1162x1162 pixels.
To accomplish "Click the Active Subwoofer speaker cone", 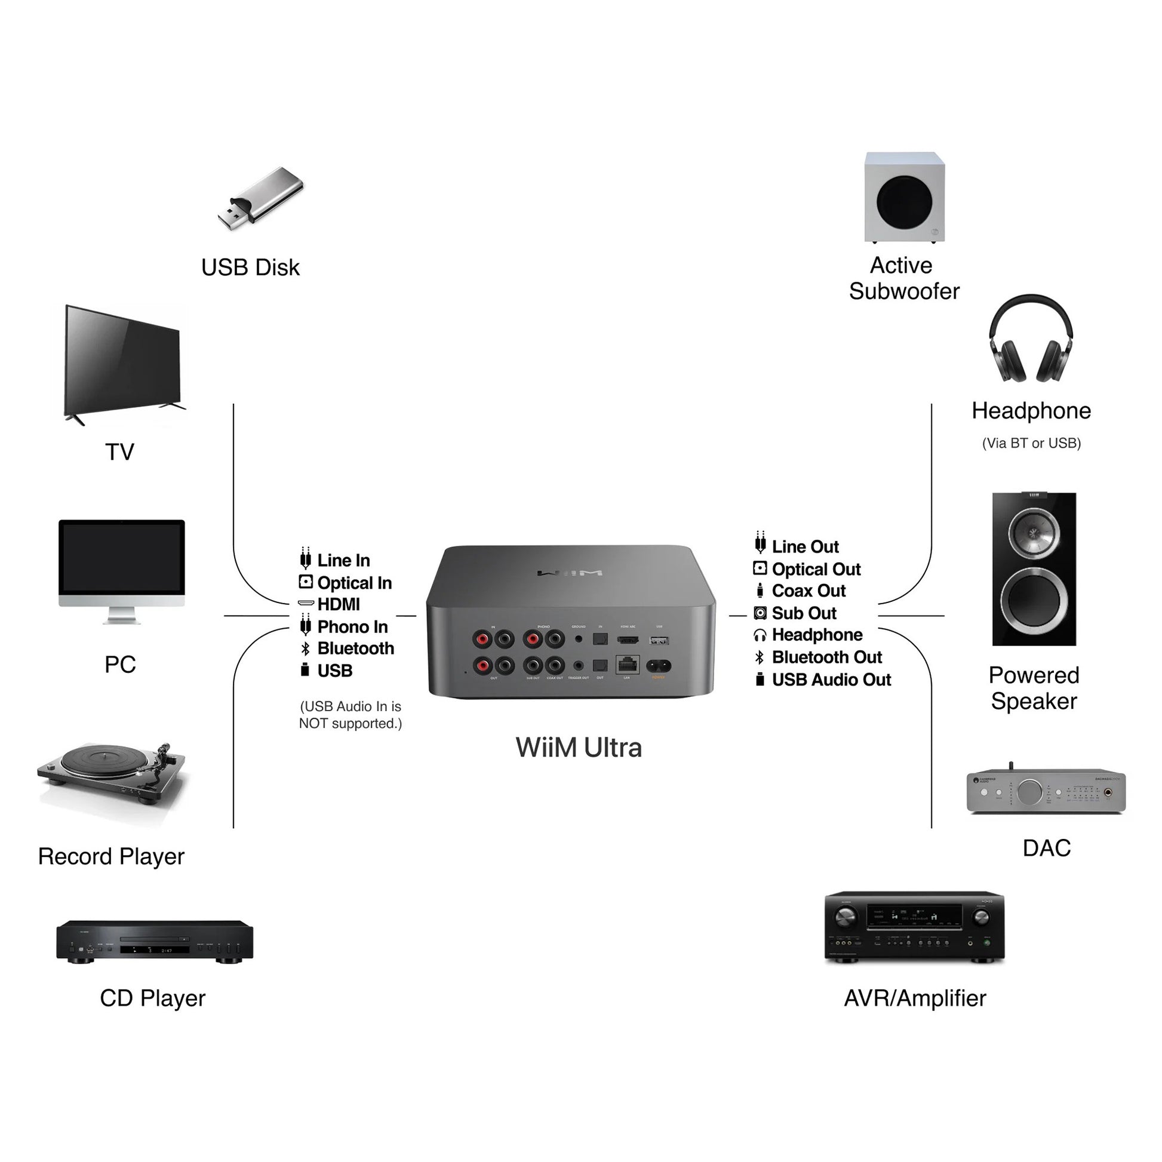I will pos(904,202).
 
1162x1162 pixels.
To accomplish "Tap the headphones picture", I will pos(1031,340).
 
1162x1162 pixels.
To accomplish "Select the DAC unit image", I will pos(1046,791).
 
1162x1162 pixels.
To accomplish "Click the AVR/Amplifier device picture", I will pos(914,927).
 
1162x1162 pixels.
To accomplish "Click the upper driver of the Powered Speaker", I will pos(1033,532).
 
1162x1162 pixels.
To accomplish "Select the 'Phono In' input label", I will pos(352,627).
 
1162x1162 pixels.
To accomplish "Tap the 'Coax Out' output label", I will pos(809,591).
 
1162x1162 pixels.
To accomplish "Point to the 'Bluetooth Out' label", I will pos(826,657).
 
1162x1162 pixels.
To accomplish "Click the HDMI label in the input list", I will pos(338,604).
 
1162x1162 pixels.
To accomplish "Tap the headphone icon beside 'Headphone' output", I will pos(760,635).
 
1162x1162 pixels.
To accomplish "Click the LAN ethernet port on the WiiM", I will pos(628,665).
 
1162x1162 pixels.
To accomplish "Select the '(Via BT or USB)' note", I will pos(1031,443).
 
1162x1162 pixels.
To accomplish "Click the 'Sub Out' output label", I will pos(804,613).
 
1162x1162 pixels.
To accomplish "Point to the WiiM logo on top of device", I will pos(569,573).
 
